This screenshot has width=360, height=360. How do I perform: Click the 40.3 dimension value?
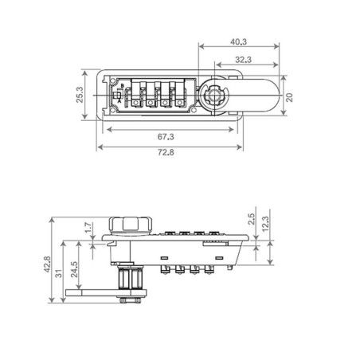click(x=239, y=41)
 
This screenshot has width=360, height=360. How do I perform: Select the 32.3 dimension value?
click(x=243, y=60)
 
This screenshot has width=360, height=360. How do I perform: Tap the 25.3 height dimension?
click(x=80, y=95)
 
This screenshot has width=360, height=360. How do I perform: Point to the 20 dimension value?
click(x=289, y=97)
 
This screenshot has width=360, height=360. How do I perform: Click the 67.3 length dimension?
click(x=166, y=137)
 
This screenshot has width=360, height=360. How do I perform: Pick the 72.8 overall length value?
click(x=166, y=152)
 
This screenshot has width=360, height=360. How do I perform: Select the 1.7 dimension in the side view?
click(x=89, y=228)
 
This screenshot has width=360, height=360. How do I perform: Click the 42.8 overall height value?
click(x=47, y=264)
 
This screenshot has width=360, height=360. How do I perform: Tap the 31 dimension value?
click(x=59, y=273)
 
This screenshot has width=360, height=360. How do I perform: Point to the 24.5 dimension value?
click(x=74, y=269)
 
